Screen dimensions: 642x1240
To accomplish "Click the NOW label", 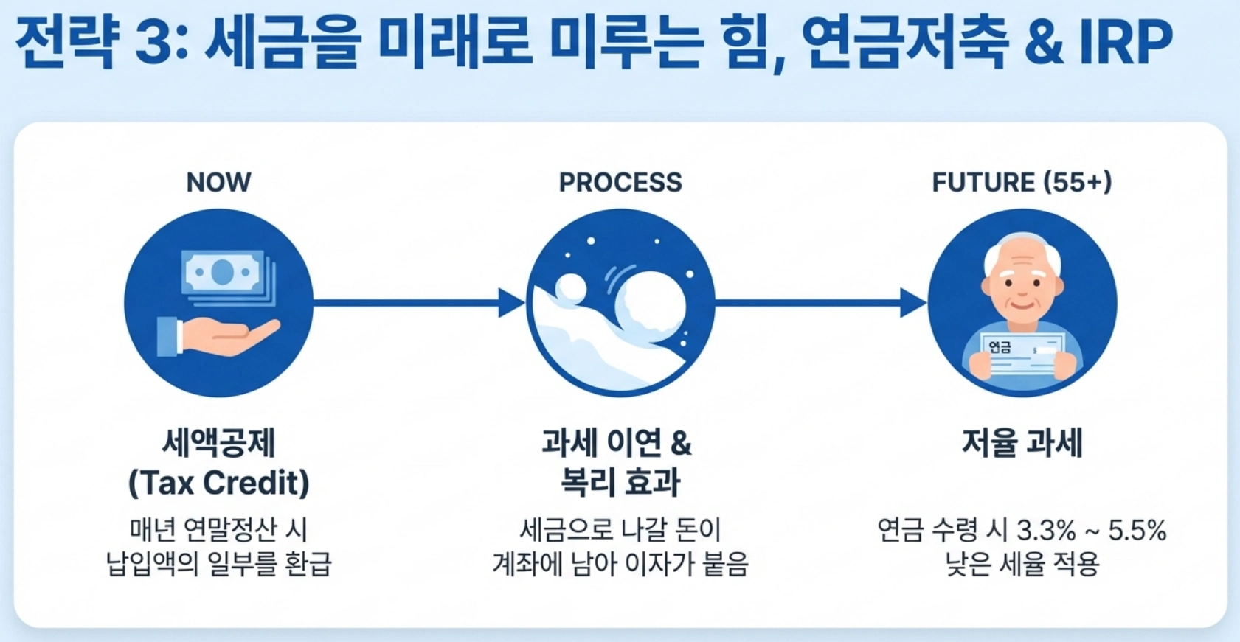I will [x=218, y=182].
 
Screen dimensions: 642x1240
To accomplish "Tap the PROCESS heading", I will [x=620, y=182].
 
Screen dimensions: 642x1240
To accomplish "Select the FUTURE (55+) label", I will [x=1022, y=182].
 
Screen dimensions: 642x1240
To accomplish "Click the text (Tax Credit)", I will [x=218, y=483].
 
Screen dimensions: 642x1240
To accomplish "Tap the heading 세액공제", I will [x=218, y=444].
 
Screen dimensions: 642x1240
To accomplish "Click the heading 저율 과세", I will [x=1022, y=444].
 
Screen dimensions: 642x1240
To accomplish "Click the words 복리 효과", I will [x=620, y=483].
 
